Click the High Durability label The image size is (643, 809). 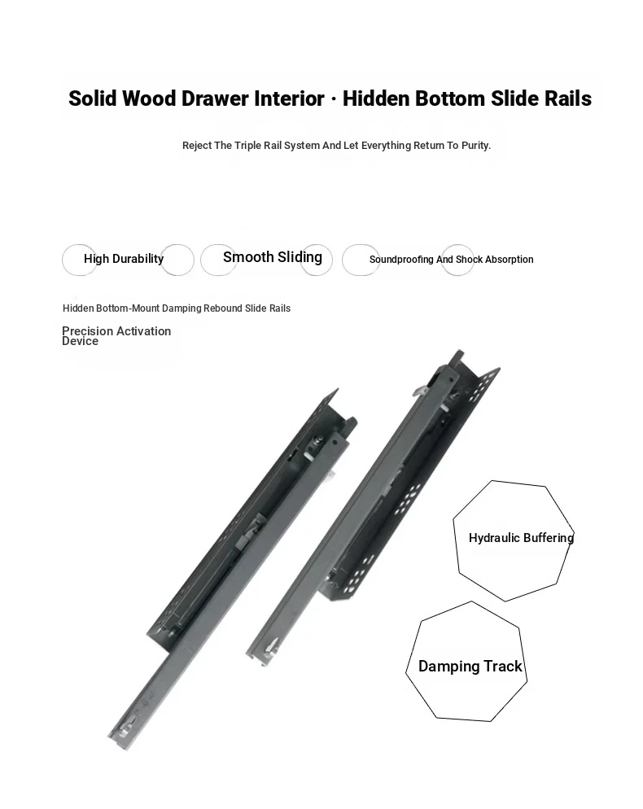(124, 259)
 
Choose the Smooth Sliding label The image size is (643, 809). (273, 257)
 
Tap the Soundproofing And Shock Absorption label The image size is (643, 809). (452, 260)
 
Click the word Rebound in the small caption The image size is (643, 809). (222, 308)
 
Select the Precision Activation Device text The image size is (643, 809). (116, 336)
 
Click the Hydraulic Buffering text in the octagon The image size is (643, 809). (521, 538)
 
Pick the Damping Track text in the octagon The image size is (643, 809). (470, 666)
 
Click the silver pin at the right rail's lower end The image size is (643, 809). (271, 648)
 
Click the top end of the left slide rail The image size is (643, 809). (335, 392)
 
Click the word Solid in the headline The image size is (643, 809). (92, 98)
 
